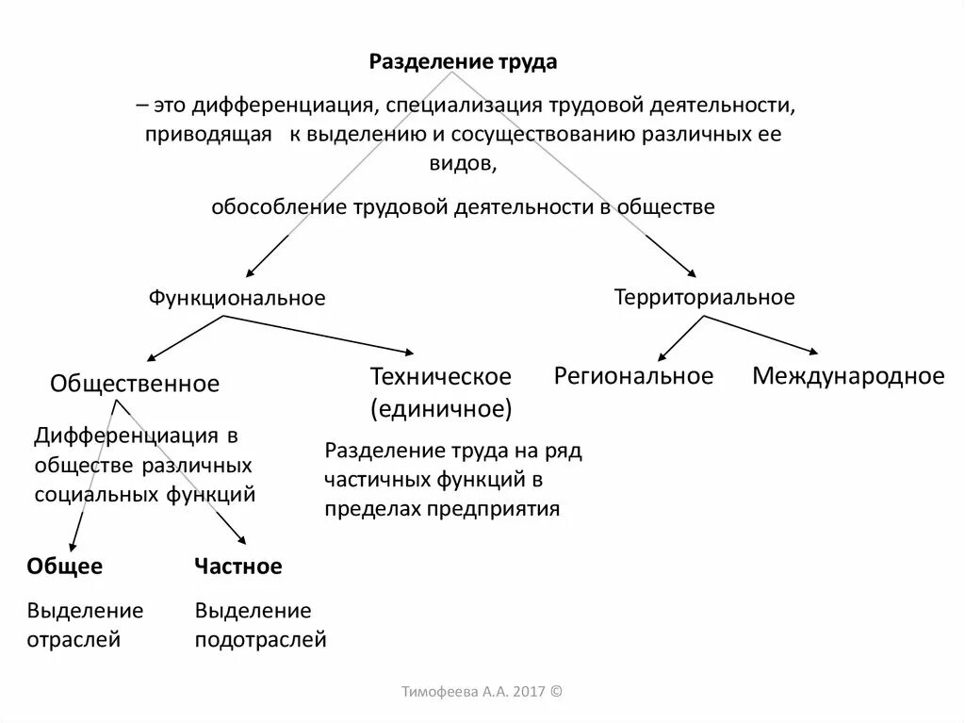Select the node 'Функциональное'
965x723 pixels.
coord(237,298)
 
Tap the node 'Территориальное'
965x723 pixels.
coord(704,298)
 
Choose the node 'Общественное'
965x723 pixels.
coord(135,384)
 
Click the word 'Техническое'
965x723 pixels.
coord(440,377)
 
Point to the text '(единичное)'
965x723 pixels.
coord(441,409)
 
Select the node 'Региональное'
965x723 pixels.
coord(633,377)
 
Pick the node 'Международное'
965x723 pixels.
coord(847,377)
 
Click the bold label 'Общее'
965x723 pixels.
coord(65,567)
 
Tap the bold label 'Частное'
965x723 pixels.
coord(238,567)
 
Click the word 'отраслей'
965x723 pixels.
coord(74,640)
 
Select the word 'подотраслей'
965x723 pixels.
coord(261,640)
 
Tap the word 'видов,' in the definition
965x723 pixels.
coord(462,162)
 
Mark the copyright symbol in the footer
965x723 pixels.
coord(555,691)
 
